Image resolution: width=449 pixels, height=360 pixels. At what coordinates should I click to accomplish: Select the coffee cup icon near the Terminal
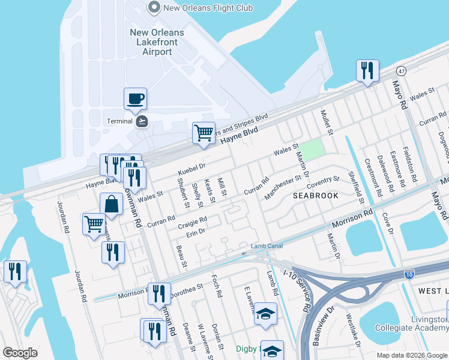[x=135, y=98]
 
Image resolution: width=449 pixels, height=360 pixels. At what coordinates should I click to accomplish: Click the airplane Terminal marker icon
[x=142, y=121]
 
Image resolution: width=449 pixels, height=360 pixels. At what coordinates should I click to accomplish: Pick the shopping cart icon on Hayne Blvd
[x=203, y=133]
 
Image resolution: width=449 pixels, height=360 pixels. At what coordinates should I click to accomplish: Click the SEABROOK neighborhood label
[x=316, y=196]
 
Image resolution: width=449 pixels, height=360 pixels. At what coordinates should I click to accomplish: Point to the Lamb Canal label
[x=267, y=246]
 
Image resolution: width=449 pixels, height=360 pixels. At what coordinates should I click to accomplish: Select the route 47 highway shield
[x=402, y=71]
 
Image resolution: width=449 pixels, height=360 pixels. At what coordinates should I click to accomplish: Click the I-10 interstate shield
[x=409, y=274]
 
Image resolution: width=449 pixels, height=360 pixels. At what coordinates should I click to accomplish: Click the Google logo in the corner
[x=20, y=353]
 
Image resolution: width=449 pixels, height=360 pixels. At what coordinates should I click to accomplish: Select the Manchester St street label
[x=282, y=187]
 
